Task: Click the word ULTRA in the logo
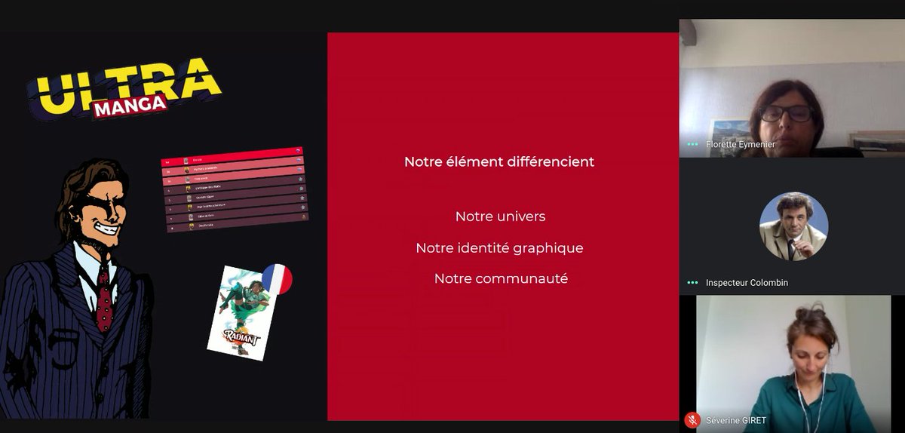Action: pos(124,85)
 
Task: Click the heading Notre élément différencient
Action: pos(499,161)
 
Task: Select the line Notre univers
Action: pos(500,216)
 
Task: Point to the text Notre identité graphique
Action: pos(499,247)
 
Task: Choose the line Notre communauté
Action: pos(501,278)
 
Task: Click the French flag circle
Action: pos(276,279)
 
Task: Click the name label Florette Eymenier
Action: pos(740,143)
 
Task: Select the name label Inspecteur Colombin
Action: pos(747,283)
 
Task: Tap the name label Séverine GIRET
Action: pos(735,420)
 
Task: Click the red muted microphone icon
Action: pos(692,420)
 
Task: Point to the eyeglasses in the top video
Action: pos(786,114)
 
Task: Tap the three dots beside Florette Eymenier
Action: pos(692,143)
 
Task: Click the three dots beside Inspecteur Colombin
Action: pos(692,283)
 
